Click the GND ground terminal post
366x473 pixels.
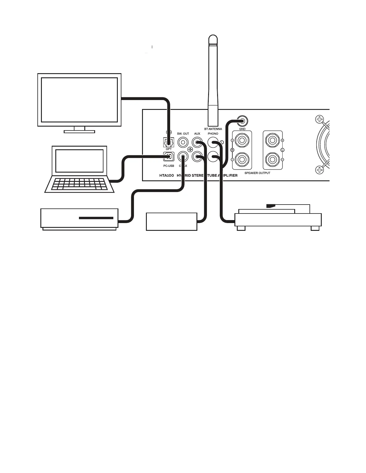click(x=242, y=121)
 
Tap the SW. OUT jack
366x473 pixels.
click(x=183, y=142)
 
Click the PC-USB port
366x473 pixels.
click(x=169, y=156)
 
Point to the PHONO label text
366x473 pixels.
click(x=213, y=133)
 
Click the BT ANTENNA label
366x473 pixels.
click(x=213, y=129)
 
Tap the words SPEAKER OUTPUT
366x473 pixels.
click(x=257, y=173)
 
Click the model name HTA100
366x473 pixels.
click(x=167, y=175)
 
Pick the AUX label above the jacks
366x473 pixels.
click(x=197, y=133)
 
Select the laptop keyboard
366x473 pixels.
click(x=80, y=184)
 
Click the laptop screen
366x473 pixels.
click(x=80, y=161)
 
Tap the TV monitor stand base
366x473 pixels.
click(x=79, y=131)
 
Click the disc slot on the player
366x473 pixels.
click(x=96, y=218)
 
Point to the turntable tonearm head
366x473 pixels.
click(x=270, y=206)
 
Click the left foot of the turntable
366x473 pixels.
click(x=241, y=228)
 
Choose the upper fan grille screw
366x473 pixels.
click(x=319, y=120)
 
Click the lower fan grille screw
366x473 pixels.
click(x=319, y=170)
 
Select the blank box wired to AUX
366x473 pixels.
click(x=171, y=221)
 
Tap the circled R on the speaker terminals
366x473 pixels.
click(x=232, y=150)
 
